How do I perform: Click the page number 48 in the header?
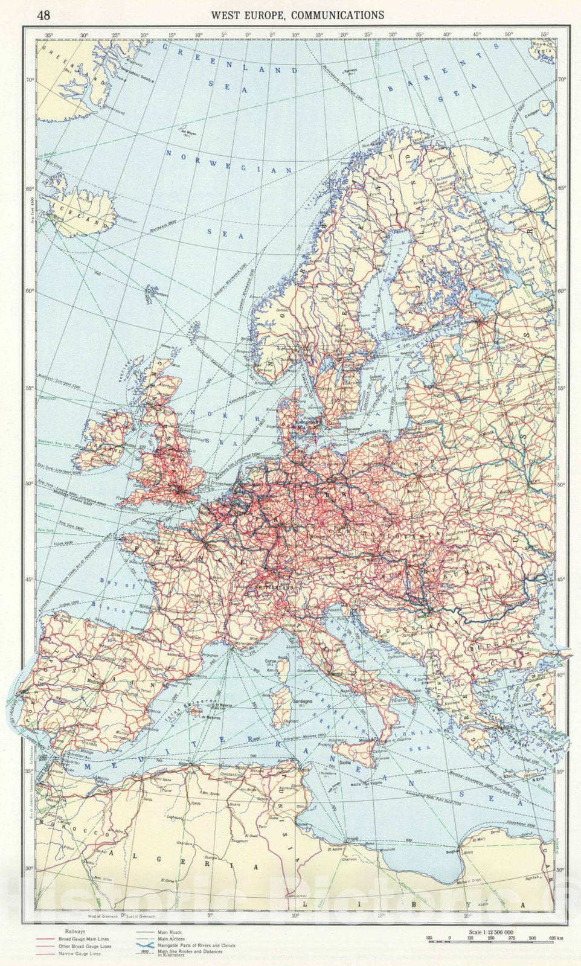pos(43,15)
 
